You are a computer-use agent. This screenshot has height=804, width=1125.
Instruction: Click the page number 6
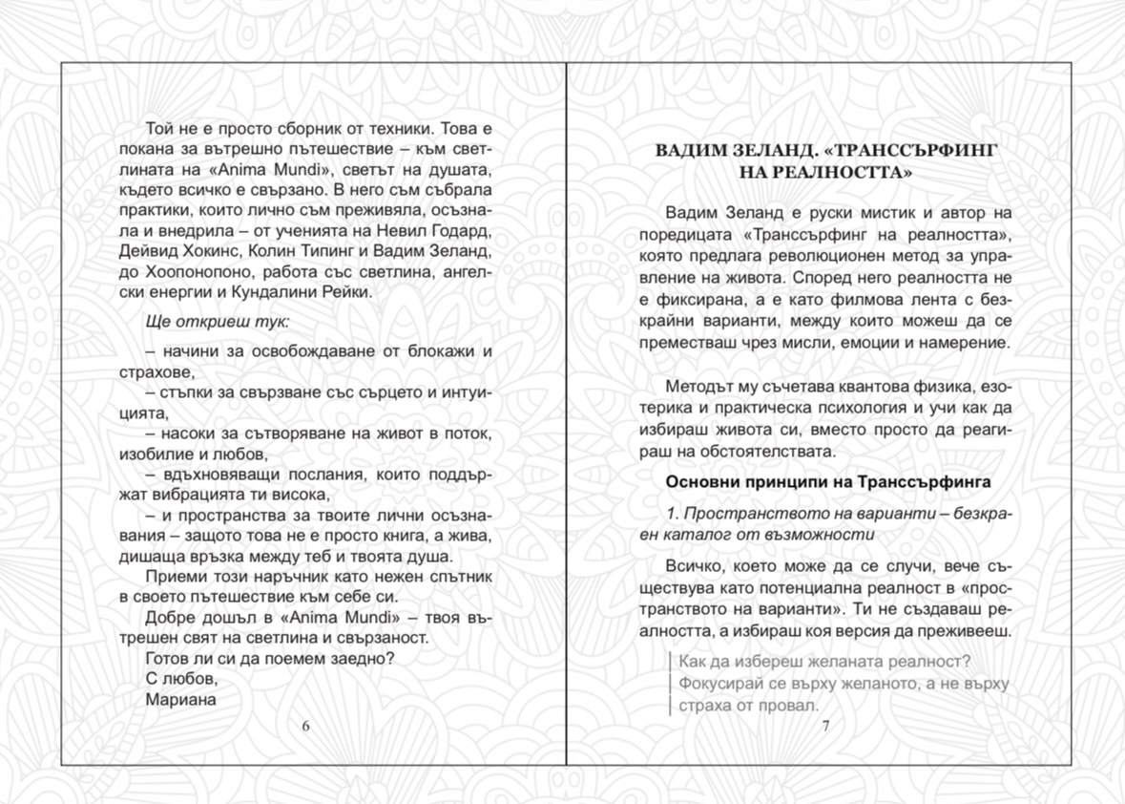(306, 726)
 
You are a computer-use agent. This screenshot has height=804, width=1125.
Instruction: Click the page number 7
(826, 726)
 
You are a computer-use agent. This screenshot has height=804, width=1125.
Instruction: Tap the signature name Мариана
(181, 699)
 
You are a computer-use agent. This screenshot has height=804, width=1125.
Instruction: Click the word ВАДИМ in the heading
(697, 152)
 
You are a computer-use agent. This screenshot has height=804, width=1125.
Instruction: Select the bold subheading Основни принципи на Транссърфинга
(828, 482)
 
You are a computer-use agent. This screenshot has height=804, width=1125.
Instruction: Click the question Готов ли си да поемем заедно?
(270, 659)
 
